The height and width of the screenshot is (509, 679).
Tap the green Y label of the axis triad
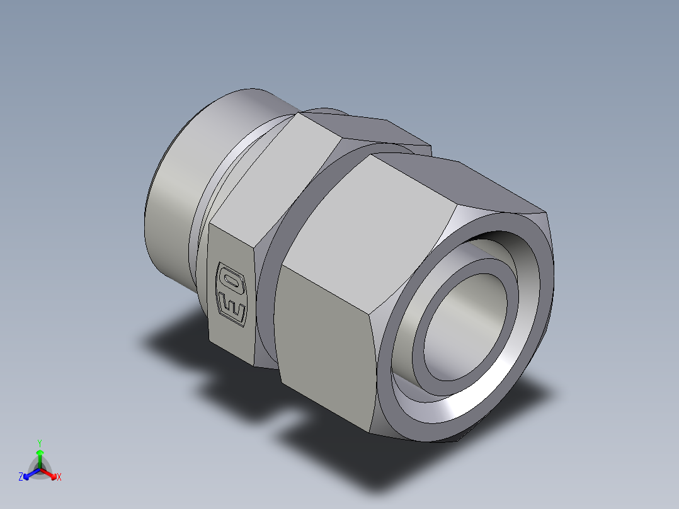(39, 443)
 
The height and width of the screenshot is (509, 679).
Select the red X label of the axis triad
(59, 478)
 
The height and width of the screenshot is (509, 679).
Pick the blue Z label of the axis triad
(21, 478)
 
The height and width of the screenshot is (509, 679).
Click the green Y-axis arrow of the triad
(39, 456)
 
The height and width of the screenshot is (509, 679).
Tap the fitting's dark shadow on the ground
(189, 340)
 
